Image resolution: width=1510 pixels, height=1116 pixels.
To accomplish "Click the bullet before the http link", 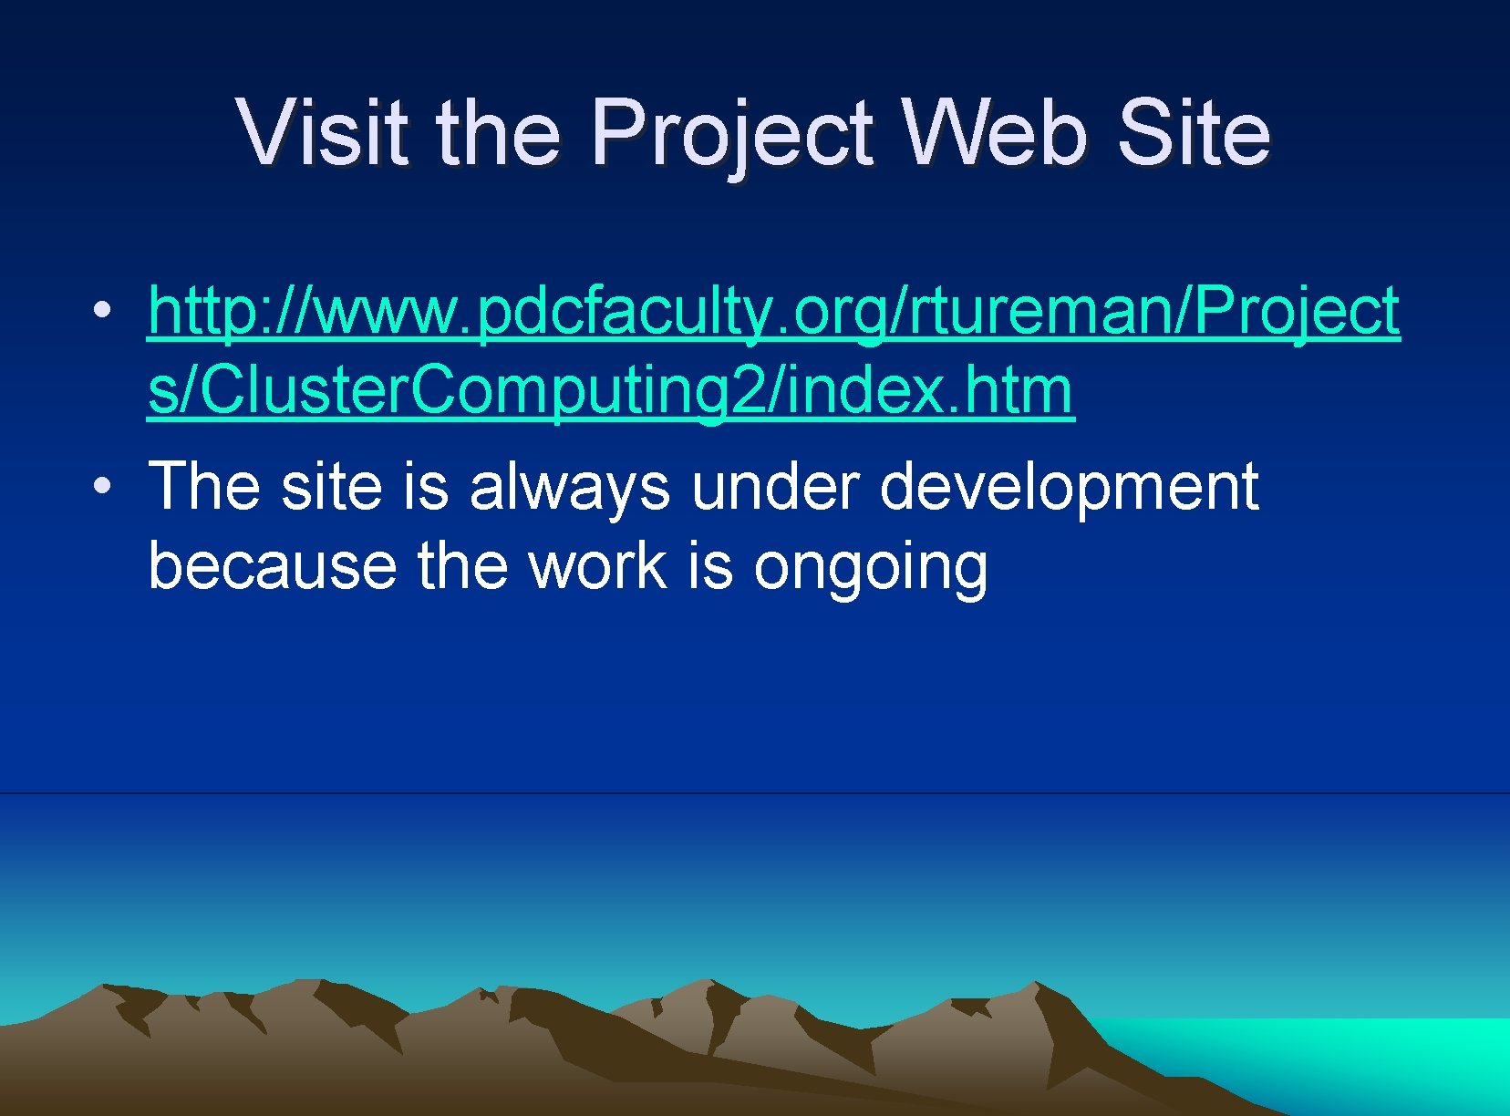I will click(105, 310).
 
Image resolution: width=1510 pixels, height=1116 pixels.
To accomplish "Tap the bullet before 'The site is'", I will click(105, 486).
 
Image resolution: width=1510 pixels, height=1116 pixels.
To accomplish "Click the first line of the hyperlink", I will click(773, 312).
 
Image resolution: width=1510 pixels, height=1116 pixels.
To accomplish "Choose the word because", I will click(272, 566).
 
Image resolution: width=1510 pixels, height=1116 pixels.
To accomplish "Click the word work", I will click(598, 566).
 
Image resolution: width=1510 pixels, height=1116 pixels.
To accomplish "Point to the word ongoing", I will click(870, 568).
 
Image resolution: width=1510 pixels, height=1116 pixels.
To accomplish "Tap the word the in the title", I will click(498, 133).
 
